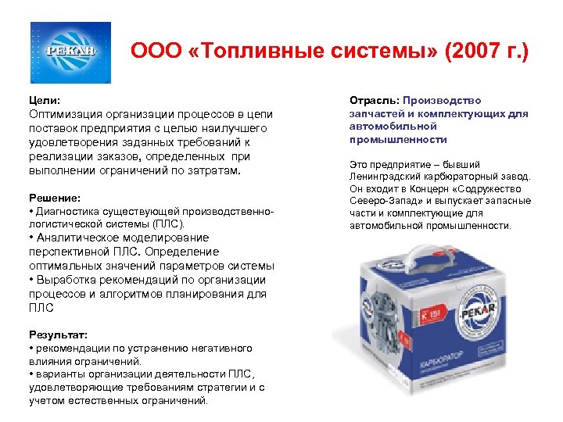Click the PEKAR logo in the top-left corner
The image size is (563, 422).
point(70,52)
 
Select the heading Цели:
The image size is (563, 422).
point(44,101)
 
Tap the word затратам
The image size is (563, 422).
point(216,170)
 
